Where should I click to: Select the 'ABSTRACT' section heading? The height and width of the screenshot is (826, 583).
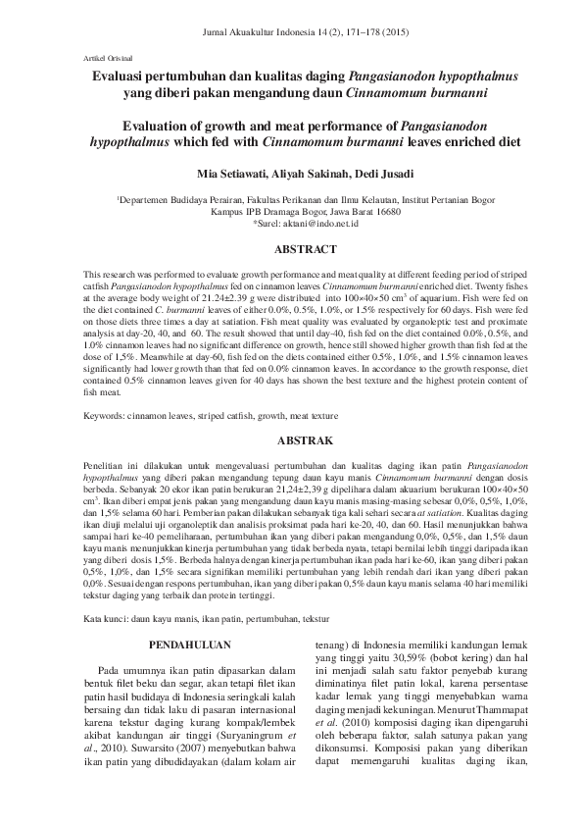292,250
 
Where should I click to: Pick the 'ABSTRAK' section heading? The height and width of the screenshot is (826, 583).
292,442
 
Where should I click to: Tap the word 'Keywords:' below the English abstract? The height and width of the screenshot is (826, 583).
103,416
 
